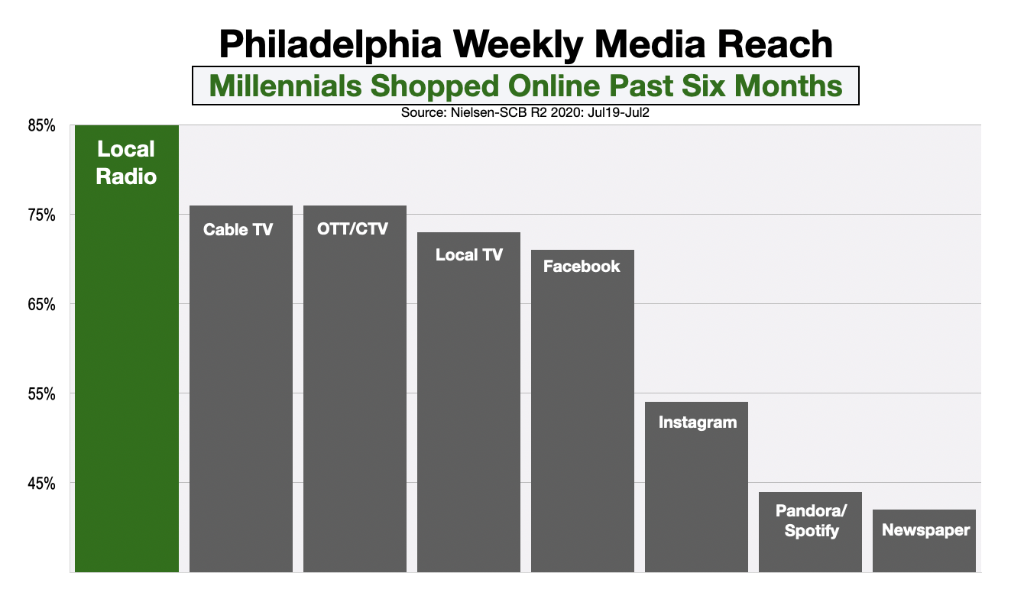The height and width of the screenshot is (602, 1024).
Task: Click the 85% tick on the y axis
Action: pos(42,126)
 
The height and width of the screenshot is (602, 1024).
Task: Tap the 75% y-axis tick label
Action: pos(42,215)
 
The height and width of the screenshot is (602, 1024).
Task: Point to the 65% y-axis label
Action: pos(42,305)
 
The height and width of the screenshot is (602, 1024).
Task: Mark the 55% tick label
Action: pos(42,394)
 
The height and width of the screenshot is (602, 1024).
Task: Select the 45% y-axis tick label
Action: pos(42,484)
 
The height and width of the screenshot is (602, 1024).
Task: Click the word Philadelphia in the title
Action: pos(331,44)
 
